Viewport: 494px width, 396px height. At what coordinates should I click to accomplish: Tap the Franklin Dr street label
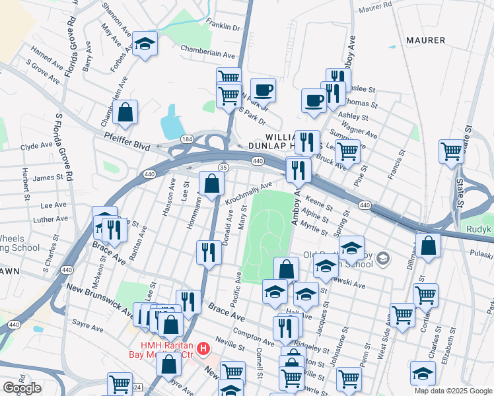(x=223, y=27)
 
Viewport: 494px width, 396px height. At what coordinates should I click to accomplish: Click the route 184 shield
(x=188, y=139)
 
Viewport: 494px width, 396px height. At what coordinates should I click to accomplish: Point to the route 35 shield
(x=224, y=168)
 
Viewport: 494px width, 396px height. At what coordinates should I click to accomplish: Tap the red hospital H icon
(x=204, y=348)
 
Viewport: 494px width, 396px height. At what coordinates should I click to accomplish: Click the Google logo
(x=22, y=388)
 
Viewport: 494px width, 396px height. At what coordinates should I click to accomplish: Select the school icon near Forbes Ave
(x=145, y=45)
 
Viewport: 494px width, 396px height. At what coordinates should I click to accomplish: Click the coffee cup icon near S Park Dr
(x=263, y=90)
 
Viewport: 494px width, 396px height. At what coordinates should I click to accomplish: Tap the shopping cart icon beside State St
(x=451, y=150)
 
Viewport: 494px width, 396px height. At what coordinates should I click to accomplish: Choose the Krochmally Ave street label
(x=248, y=193)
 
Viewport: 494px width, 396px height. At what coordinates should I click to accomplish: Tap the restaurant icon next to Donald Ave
(x=208, y=253)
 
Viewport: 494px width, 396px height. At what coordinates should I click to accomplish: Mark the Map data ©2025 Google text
(x=452, y=391)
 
